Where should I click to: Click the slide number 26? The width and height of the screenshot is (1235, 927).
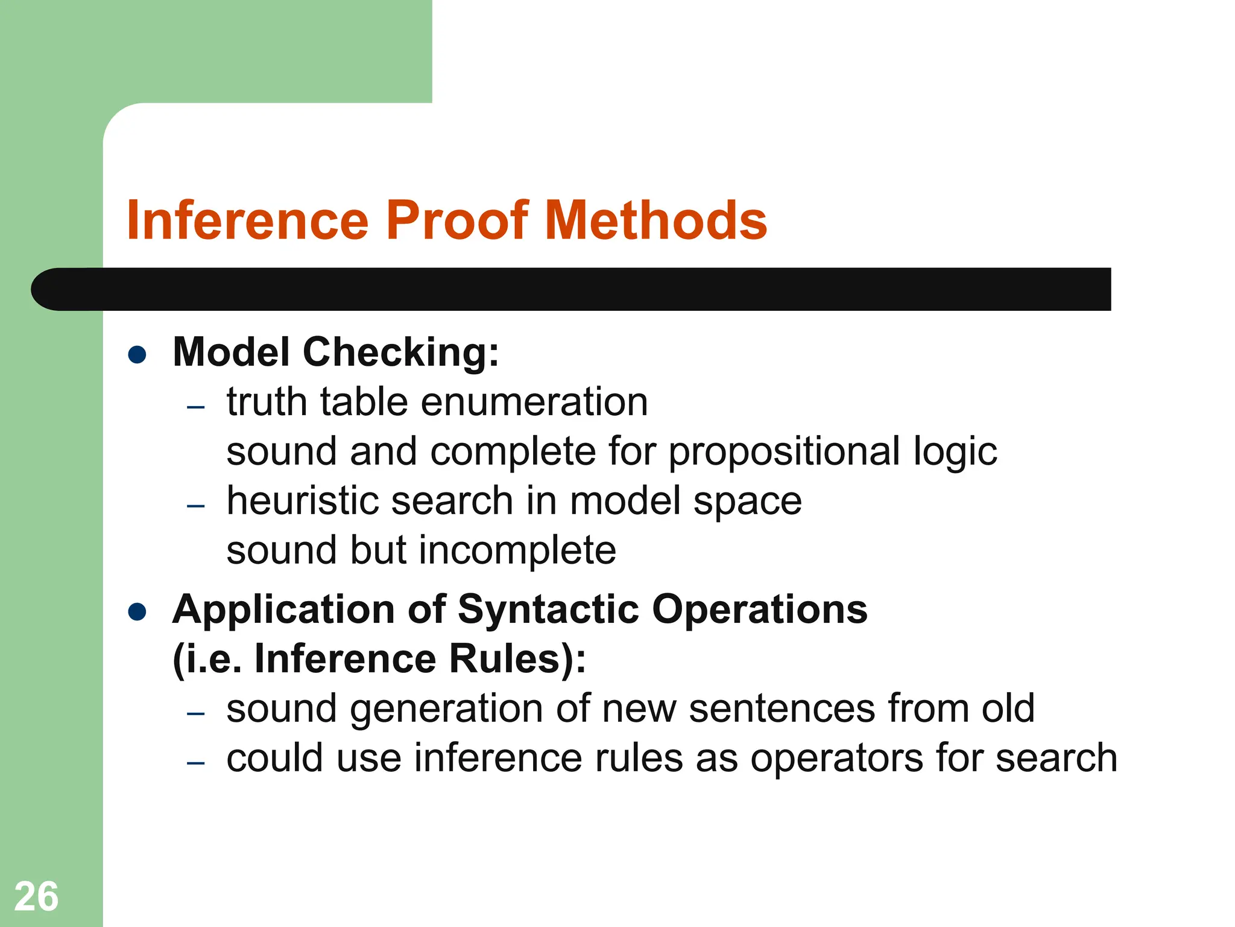[x=36, y=897]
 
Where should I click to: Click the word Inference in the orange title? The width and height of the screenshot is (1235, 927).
[x=247, y=220]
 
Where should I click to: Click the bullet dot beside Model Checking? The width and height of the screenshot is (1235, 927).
[x=137, y=355]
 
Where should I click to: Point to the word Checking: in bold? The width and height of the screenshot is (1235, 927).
[x=401, y=352]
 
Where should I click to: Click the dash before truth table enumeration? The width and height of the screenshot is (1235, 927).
[x=196, y=407]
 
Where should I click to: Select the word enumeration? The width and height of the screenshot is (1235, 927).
[x=534, y=403]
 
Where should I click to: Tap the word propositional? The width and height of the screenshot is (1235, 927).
[x=784, y=453]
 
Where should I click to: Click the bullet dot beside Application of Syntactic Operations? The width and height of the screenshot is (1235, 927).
[x=137, y=612]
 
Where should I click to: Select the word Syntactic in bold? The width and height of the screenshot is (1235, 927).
[x=548, y=610]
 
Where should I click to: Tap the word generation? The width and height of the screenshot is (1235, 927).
[x=446, y=710]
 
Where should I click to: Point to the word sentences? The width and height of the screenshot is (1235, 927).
[x=782, y=709]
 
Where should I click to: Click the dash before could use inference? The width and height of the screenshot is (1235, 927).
[x=196, y=763]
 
